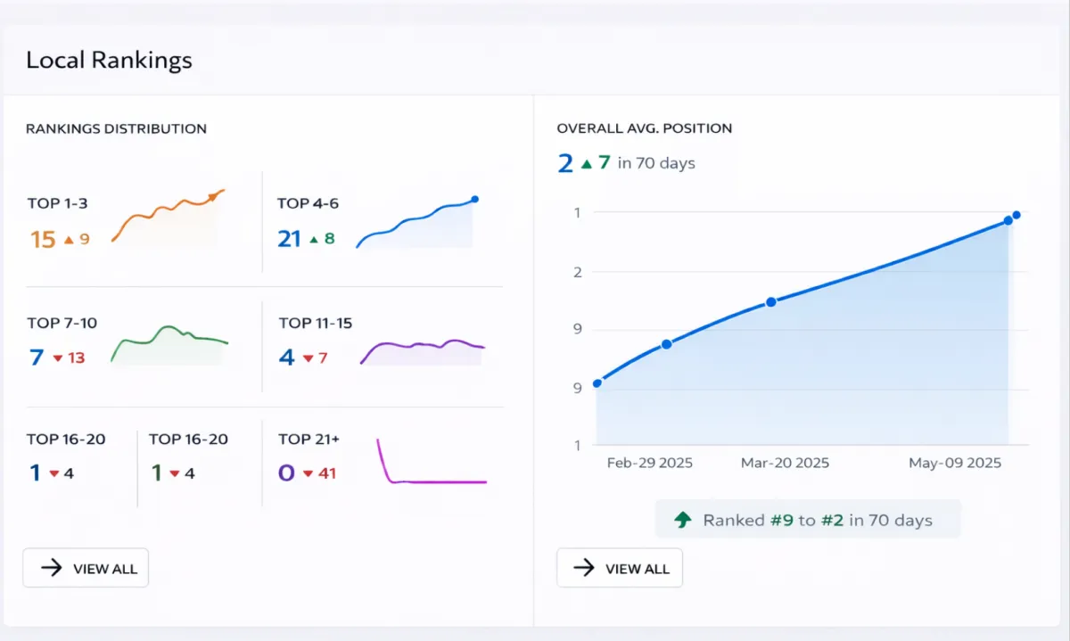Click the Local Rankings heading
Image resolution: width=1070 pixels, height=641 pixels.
pos(109,61)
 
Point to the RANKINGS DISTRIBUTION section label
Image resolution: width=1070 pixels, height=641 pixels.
pos(116,128)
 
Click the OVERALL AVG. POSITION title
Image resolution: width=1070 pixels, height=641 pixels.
pos(644,128)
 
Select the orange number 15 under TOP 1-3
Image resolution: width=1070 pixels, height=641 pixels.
pos(43,239)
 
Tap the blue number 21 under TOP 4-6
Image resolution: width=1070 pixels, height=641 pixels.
pos(289,239)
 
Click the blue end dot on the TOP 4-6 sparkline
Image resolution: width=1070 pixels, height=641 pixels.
pos(474,199)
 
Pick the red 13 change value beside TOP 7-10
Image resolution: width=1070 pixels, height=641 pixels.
pos(76,358)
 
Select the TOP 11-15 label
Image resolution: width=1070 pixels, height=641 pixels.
pos(315,323)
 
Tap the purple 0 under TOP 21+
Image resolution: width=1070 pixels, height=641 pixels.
pos(286,473)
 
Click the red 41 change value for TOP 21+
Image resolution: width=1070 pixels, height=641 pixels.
pos(326,473)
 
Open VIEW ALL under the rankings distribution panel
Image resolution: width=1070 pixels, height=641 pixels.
pos(86,569)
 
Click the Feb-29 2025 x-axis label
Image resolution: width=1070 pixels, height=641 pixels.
pos(649,464)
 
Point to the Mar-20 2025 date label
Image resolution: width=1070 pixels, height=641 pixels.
pos(785,464)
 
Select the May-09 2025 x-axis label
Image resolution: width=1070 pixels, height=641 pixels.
pos(954,464)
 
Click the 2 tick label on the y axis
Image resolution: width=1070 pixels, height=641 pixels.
pos(577,272)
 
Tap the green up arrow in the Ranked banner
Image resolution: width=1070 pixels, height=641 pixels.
pos(683,520)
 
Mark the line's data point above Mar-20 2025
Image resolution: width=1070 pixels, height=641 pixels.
pos(771,302)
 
